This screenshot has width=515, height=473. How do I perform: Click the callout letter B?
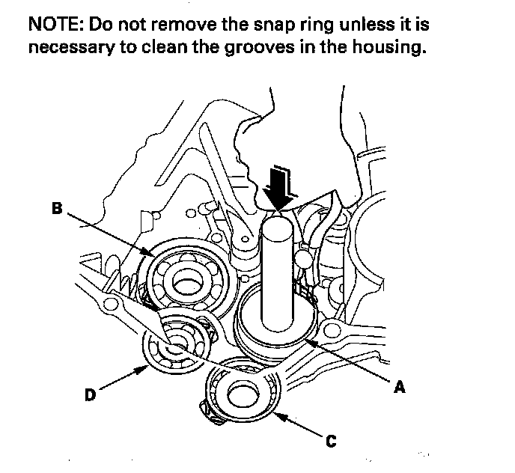pyautogui.click(x=57, y=209)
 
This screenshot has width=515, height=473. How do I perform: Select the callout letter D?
pyautogui.click(x=90, y=396)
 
